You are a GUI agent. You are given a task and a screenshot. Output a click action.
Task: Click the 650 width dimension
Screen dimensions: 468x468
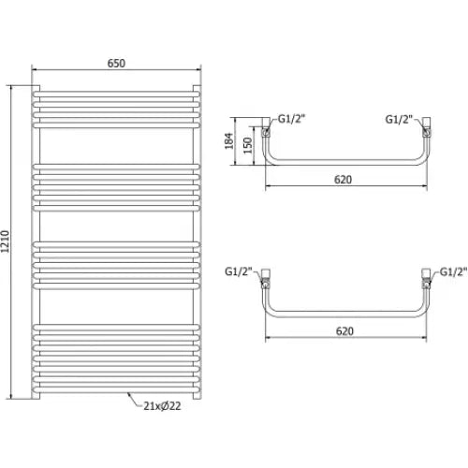[x=115, y=63]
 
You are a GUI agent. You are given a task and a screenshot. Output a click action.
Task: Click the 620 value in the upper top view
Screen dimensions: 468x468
[x=344, y=179]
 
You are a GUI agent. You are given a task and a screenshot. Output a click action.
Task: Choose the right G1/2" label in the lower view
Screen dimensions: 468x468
[x=452, y=271]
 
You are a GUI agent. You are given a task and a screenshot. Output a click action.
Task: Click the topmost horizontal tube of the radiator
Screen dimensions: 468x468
[x=115, y=91]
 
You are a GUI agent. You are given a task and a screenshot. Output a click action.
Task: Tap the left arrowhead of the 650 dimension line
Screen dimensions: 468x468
[x=36, y=70]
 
